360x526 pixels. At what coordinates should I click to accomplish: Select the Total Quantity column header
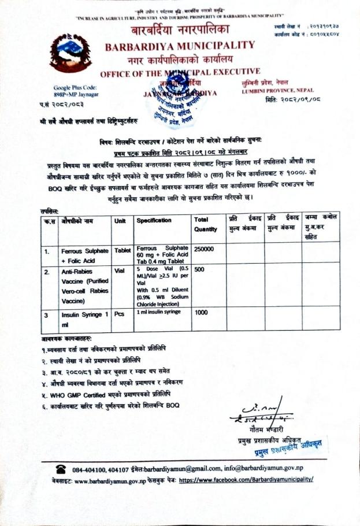point(206,224)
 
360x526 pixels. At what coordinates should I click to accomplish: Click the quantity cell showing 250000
point(205,249)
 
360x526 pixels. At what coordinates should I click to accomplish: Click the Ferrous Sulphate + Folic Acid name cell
point(84,255)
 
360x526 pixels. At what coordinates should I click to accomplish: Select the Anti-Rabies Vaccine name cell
point(86,286)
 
